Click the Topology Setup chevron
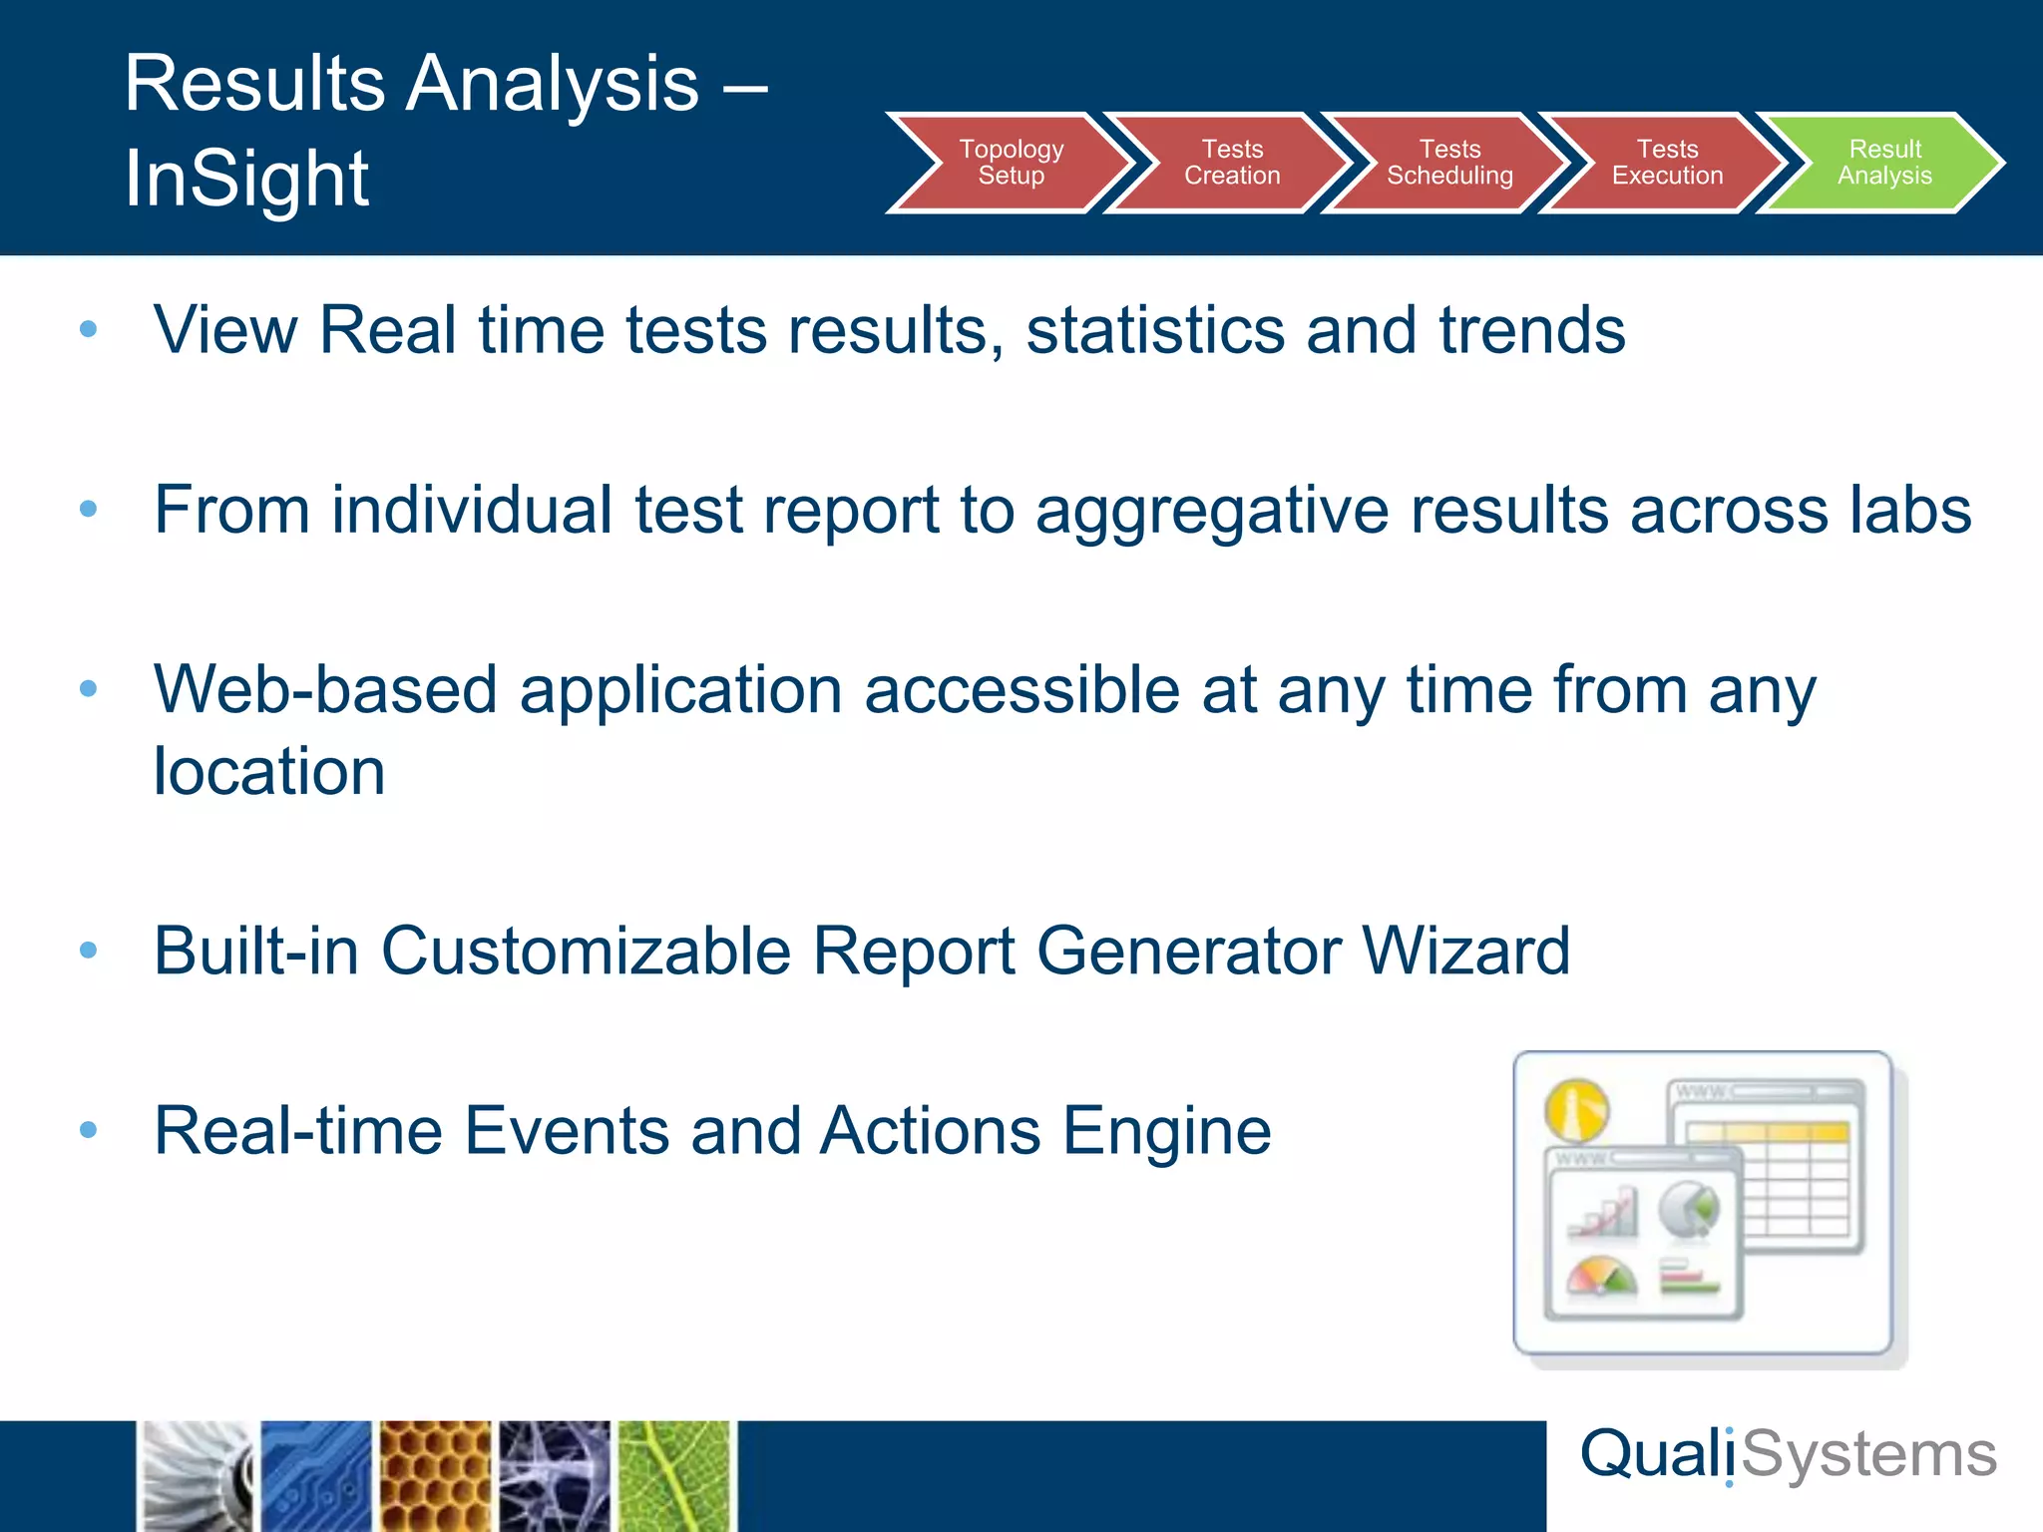click(1010, 163)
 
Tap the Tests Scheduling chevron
click(1449, 163)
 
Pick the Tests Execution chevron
click(1667, 163)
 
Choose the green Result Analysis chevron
click(1884, 163)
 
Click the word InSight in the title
click(246, 180)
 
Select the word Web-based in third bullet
click(324, 690)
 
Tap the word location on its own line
click(268, 772)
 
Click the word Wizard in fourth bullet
click(1465, 951)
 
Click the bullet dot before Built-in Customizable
click(88, 951)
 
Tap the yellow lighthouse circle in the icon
click(1576, 1110)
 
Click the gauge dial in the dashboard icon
click(1600, 1277)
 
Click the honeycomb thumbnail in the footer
click(435, 1476)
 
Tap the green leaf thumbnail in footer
click(675, 1476)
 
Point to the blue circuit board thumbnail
click(315, 1476)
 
